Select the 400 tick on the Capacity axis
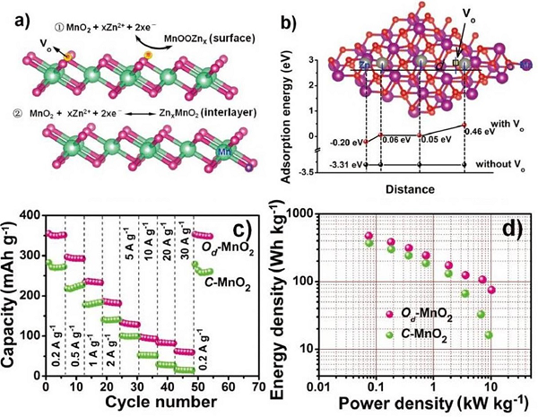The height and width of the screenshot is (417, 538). coord(30,216)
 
